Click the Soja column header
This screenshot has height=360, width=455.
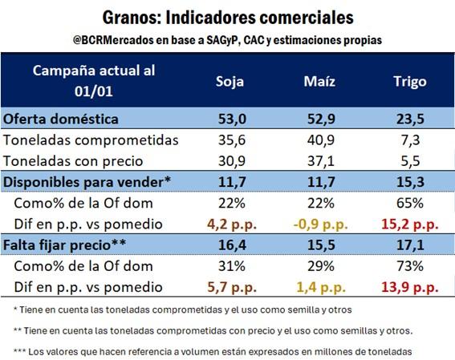[230, 82]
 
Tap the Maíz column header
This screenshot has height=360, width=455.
[319, 81]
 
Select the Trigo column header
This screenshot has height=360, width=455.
[410, 82]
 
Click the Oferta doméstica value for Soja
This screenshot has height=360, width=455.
[232, 119]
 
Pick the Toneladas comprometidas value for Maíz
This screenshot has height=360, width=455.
[321, 140]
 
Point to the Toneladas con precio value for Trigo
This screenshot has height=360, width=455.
[410, 161]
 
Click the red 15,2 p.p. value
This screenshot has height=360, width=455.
[410, 224]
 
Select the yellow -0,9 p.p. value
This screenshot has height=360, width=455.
[321, 224]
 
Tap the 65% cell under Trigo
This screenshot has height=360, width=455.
[410, 203]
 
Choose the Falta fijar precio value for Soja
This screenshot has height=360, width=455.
[232, 245]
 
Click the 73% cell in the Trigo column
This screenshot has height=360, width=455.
[410, 266]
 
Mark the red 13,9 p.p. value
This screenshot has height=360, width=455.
[410, 288]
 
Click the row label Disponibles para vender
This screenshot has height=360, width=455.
[87, 182]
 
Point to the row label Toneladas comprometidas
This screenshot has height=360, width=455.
[91, 140]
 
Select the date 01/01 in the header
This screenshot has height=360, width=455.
[93, 91]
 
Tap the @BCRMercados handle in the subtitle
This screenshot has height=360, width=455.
[113, 40]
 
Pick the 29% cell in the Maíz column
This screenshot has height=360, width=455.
[321, 266]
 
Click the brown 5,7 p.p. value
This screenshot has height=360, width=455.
[232, 288]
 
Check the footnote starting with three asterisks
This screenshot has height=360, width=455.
[213, 352]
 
